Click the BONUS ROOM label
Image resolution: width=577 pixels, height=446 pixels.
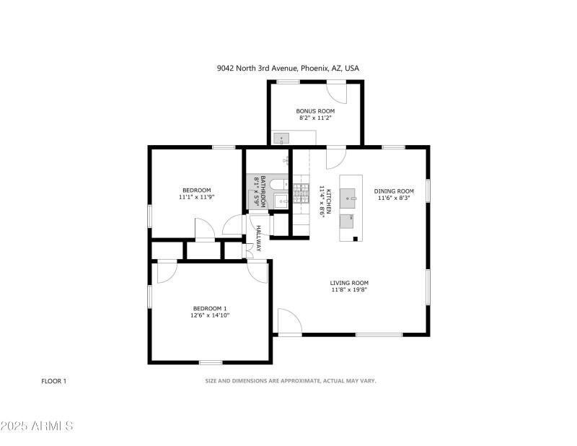tap(315, 110)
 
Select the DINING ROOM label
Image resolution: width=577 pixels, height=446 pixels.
tap(394, 191)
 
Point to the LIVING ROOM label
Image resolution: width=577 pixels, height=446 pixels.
tap(349, 283)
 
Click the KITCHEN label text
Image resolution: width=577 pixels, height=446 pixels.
tap(328, 199)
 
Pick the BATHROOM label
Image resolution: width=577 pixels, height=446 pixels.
tap(263, 191)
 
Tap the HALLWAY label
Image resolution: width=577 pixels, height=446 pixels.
tap(258, 238)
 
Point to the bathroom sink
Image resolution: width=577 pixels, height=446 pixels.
tap(282, 201)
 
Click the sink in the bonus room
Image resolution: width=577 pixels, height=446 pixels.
tap(282, 138)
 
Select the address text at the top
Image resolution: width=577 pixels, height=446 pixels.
tap(288, 69)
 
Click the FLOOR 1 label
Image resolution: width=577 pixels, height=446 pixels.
tap(53, 380)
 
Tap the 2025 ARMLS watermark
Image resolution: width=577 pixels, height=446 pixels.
tap(38, 426)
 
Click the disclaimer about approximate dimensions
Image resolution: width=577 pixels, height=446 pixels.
tap(291, 380)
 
